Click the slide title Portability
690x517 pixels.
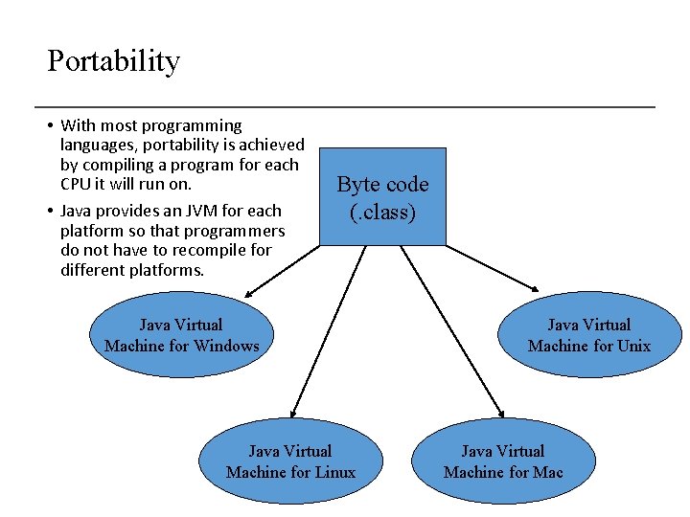(113, 61)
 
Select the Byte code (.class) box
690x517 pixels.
(382, 196)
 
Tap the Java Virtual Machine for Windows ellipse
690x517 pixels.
(181, 335)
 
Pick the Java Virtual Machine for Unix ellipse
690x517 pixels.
(588, 335)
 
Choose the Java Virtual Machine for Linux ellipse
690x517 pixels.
(290, 461)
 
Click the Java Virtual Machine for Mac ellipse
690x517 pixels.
(503, 461)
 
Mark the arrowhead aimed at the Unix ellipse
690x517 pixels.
(538, 287)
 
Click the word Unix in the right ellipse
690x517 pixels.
(633, 346)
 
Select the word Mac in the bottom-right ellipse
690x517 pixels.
(548, 472)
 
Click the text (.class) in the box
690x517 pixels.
(382, 212)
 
